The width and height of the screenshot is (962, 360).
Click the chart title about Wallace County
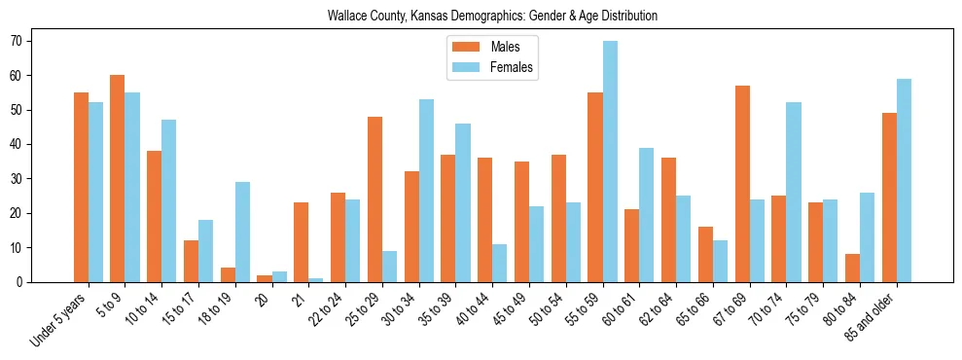(492, 17)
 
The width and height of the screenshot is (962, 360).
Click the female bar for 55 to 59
(610, 162)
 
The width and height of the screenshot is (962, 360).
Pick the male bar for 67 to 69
(742, 184)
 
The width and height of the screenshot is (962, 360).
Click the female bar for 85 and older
(904, 181)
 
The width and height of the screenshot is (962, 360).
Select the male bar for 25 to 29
(374, 199)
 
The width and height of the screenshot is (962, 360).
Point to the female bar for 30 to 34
(426, 191)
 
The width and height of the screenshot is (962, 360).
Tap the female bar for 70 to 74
(794, 193)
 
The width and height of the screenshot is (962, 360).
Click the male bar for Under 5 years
(81, 187)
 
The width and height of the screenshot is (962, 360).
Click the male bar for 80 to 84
(852, 268)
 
